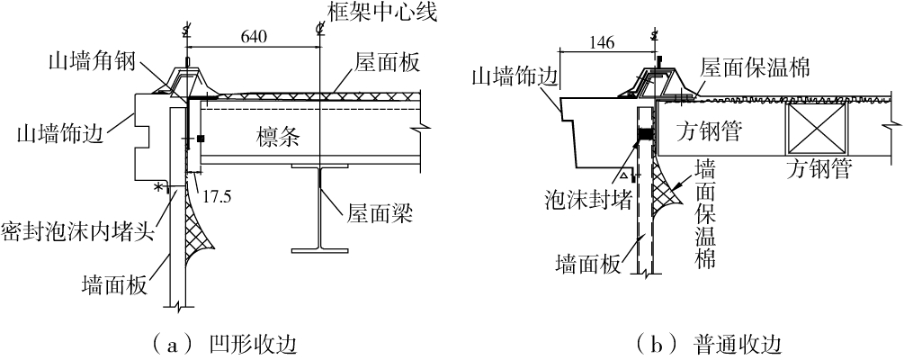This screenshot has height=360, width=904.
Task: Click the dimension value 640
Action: click(x=255, y=39)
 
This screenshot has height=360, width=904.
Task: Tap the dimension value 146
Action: click(x=600, y=42)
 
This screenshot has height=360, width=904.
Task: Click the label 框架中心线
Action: click(x=388, y=14)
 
